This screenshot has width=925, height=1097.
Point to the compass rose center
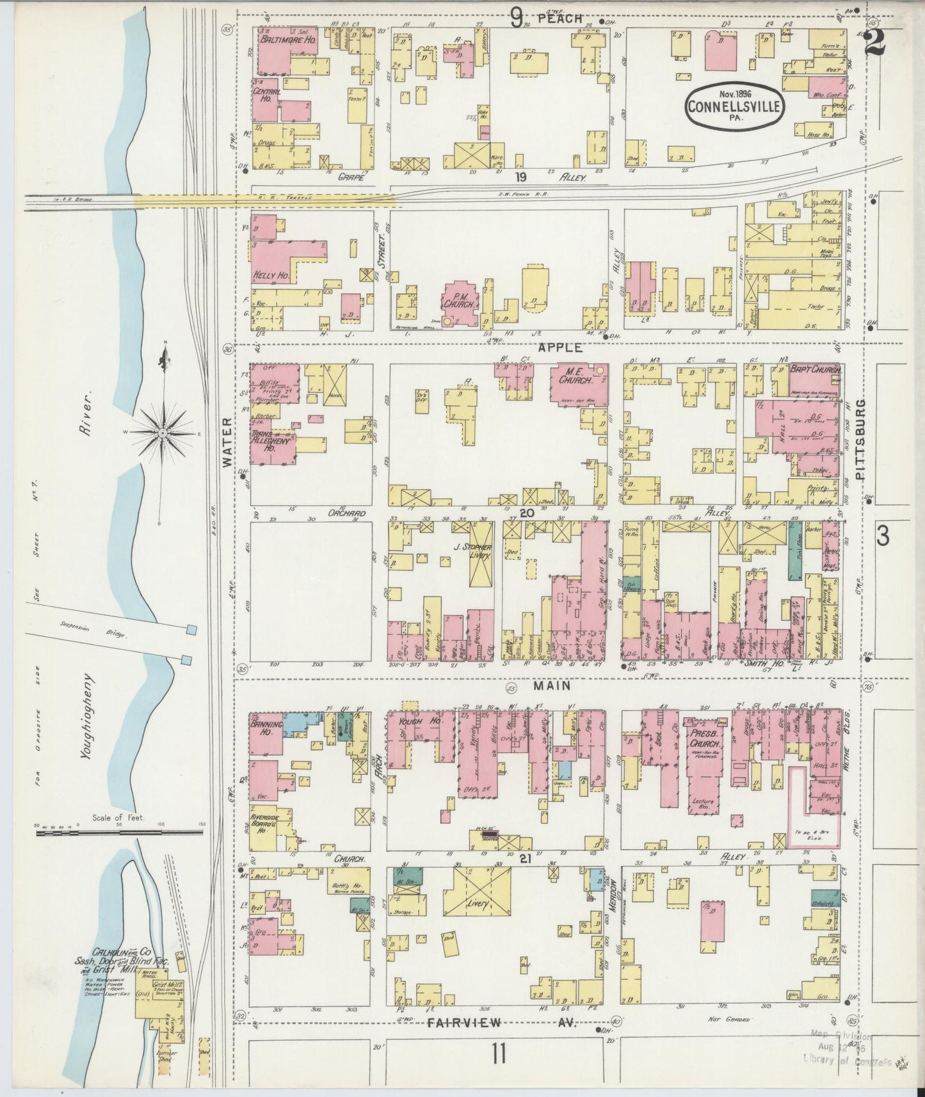164,433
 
